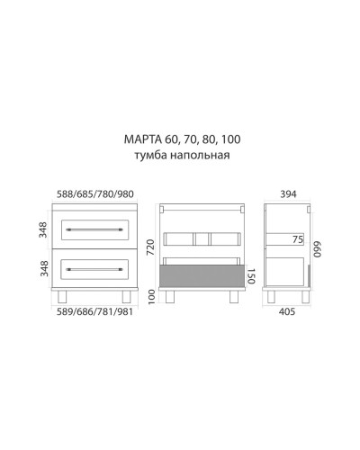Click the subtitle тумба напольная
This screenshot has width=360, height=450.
point(181,155)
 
